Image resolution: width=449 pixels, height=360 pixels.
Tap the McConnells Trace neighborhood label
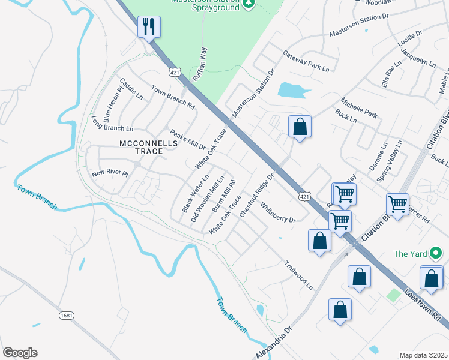coord(140,147)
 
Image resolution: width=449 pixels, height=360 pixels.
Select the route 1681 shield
coord(67,315)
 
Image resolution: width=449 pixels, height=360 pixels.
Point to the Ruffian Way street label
coord(203,60)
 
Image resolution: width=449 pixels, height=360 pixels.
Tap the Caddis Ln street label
coord(131,88)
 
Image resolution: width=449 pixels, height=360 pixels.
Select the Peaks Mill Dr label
coord(187,140)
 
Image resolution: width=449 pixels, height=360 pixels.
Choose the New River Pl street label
coord(110,173)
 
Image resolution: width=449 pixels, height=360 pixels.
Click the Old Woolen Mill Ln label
coord(208,200)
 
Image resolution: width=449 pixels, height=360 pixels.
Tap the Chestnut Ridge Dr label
coord(256,195)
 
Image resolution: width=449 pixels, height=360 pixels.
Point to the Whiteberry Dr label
coord(278,212)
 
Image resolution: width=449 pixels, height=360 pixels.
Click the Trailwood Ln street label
coord(298,275)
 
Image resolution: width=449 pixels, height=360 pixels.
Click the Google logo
coord(20,353)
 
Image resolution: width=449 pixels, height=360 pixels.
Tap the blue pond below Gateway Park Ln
coord(294,91)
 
